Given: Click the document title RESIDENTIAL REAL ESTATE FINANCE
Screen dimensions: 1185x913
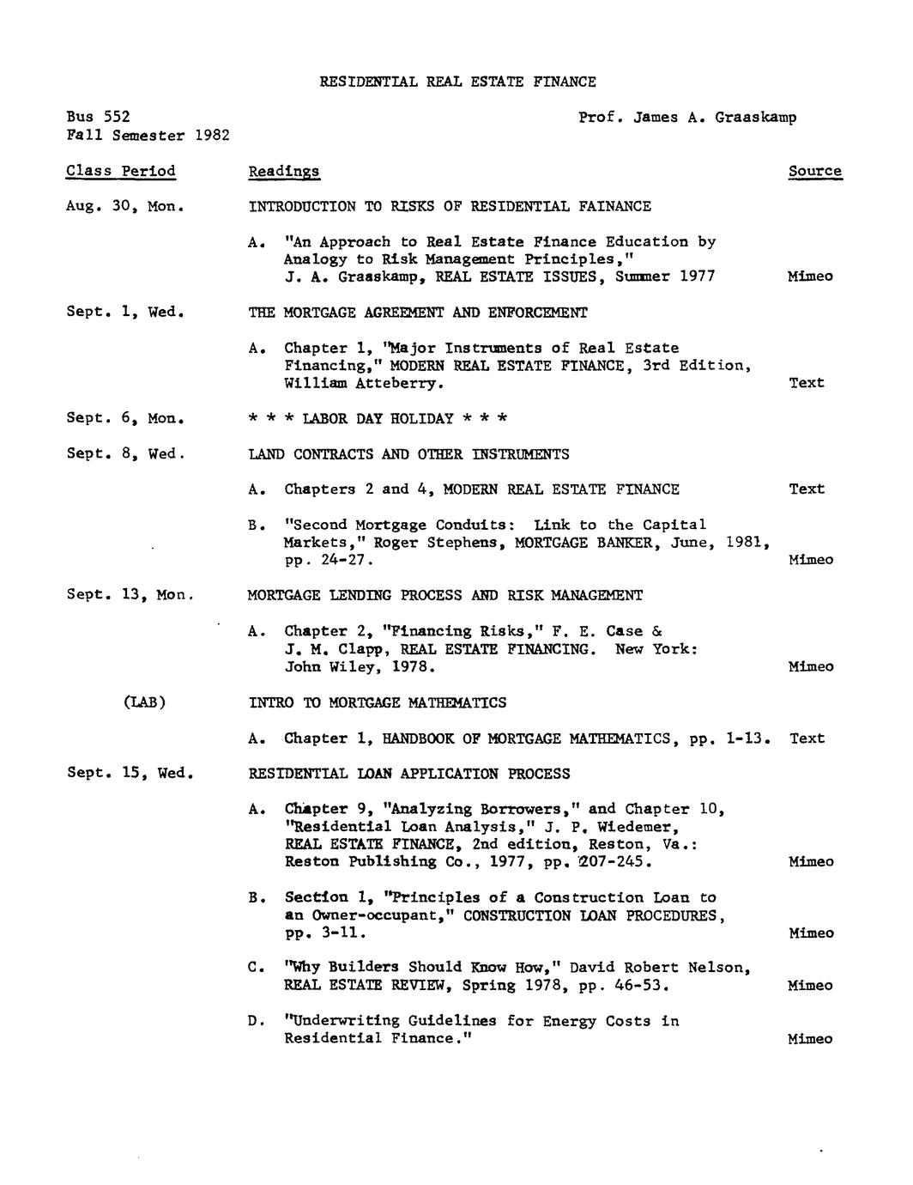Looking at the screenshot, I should [457, 82].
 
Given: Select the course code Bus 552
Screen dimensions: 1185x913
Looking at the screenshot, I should [99, 117].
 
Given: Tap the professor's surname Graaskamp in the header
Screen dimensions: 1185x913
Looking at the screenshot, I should [754, 117].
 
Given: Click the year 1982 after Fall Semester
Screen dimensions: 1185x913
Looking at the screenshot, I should [212, 136].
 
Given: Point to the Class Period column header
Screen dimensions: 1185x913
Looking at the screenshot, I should [121, 171].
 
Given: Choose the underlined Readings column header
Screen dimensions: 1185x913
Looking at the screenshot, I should [284, 172].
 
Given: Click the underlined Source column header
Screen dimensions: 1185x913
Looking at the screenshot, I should [815, 171].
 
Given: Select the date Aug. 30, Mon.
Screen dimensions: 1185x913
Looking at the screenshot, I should [126, 206].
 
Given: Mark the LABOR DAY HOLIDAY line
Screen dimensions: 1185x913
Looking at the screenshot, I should [378, 419].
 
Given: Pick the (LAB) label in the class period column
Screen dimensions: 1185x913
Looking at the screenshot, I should [144, 702].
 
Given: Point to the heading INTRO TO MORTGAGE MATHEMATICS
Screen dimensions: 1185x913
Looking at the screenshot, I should [378, 702].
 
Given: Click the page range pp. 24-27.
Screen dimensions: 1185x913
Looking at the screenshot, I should [329, 560].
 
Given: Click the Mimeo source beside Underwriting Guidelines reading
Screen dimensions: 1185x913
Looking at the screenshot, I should [810, 1039].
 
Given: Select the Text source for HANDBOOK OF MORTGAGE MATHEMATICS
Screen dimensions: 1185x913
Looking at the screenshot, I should [807, 738].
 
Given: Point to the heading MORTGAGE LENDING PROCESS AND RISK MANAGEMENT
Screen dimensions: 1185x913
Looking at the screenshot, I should [444, 595].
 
